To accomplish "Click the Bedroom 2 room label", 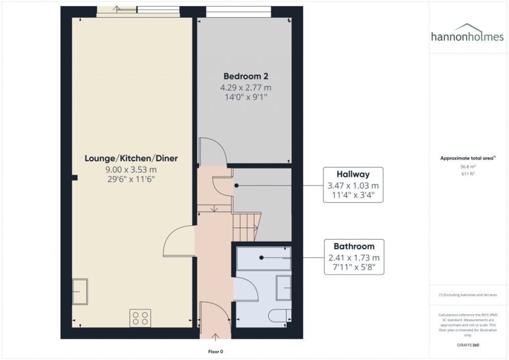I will [246, 77].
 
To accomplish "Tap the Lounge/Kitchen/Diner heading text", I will [131, 159].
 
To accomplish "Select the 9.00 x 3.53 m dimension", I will [131, 170].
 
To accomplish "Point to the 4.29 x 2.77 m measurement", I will [246, 88].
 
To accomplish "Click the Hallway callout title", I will [353, 175].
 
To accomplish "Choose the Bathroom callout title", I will [354, 247].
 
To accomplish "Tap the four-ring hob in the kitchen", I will [140, 317].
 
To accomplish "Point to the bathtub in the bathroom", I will [263, 258].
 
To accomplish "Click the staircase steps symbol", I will [245, 226].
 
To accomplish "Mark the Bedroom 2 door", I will [213, 152].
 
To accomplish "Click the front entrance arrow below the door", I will [215, 338].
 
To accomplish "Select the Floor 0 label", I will [215, 352].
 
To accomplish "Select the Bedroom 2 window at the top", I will [239, 8].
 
